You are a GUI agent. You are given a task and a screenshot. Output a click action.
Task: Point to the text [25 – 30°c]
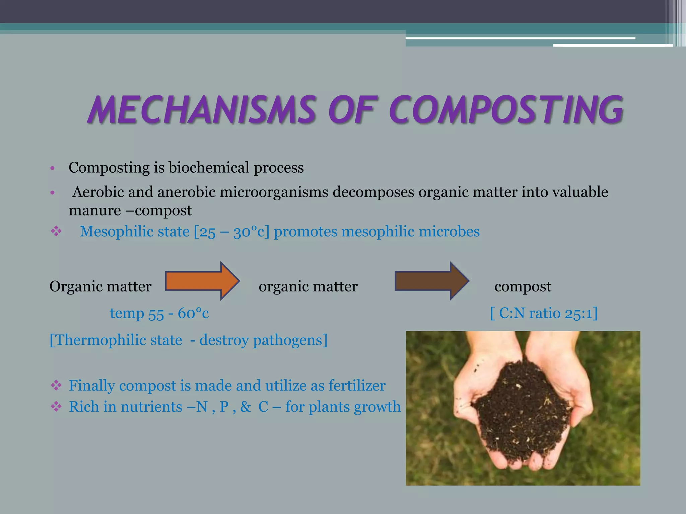(x=231, y=232)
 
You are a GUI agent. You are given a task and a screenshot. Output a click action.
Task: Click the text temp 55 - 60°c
(x=159, y=313)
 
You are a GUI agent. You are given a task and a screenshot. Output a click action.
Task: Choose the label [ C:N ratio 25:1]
(x=544, y=313)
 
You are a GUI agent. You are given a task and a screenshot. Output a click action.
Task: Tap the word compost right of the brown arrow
(x=523, y=286)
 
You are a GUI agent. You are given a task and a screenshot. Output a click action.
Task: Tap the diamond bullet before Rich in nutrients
(x=56, y=407)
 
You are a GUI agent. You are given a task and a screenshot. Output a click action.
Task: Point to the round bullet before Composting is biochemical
(x=52, y=168)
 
